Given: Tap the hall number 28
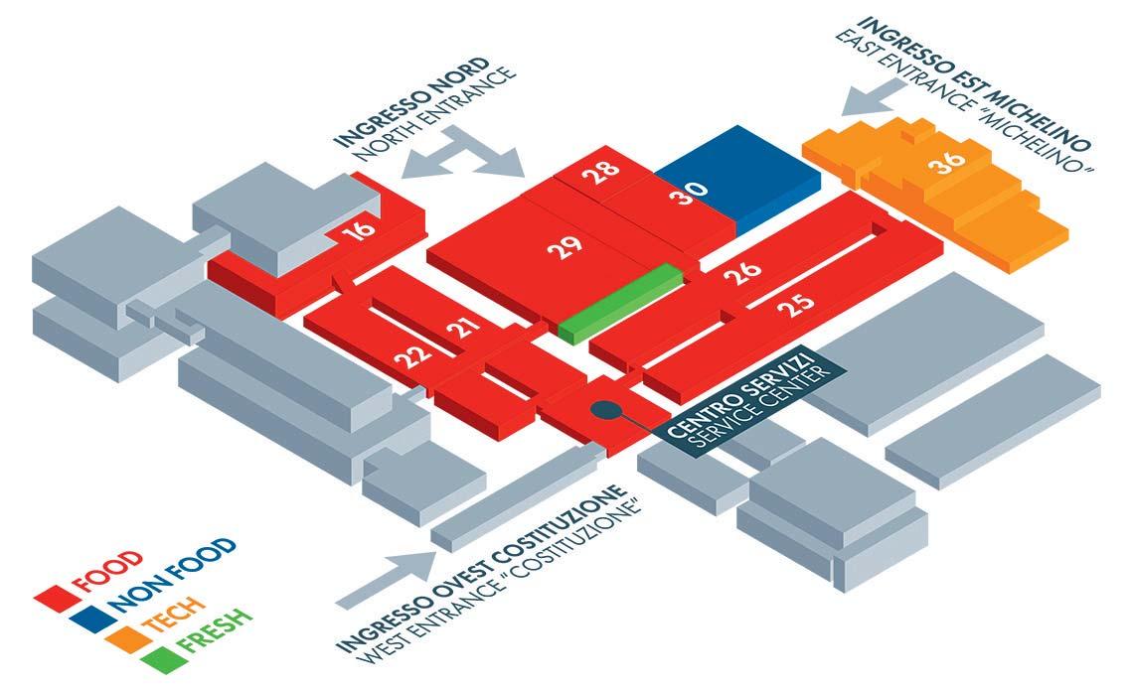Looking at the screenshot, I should click(x=602, y=175).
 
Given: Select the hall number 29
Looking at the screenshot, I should click(x=564, y=249).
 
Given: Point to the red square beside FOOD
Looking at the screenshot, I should click(x=50, y=595).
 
